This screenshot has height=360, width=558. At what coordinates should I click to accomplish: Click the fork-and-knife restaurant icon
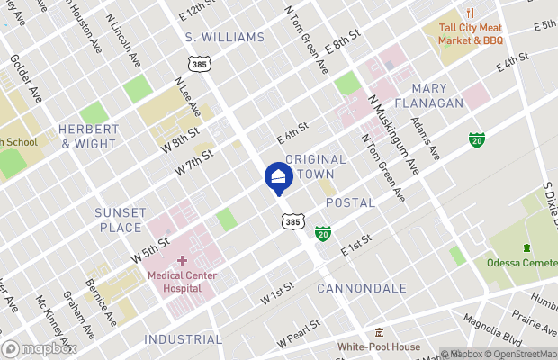[x=469, y=13]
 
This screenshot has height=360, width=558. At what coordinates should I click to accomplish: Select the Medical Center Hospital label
[x=182, y=283]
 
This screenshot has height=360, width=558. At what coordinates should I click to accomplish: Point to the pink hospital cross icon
[x=182, y=261]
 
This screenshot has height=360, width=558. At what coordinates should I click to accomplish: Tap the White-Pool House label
[x=379, y=346]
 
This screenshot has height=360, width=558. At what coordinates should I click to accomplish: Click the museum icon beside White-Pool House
[x=379, y=331]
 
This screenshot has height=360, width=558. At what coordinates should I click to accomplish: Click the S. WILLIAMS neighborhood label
[x=225, y=37]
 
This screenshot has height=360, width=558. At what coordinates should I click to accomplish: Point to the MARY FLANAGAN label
[x=437, y=95]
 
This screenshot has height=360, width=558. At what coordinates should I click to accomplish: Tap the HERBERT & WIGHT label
[x=87, y=136]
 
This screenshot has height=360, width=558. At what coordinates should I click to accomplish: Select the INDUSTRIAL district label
[x=182, y=339]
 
